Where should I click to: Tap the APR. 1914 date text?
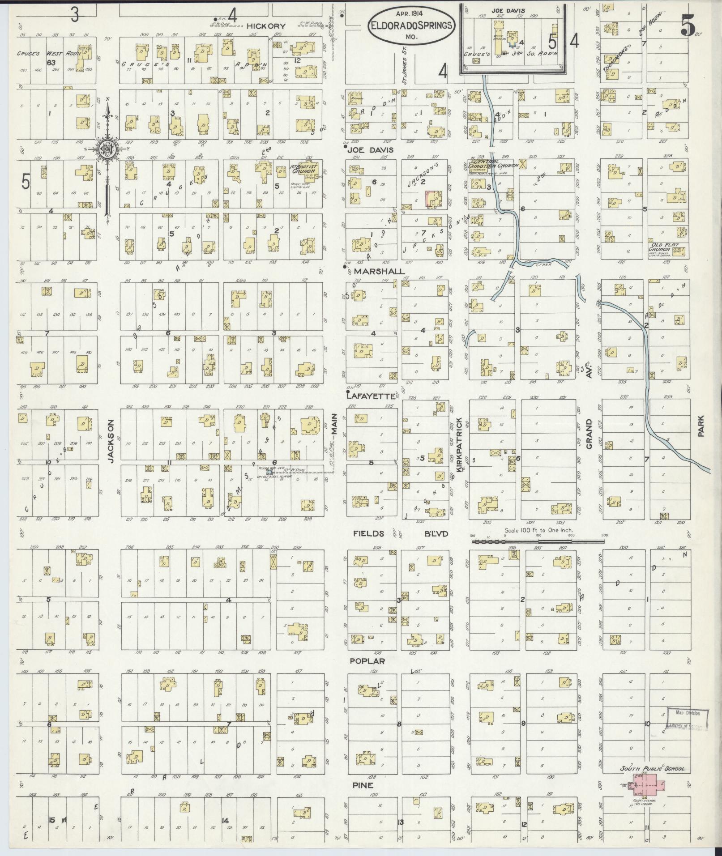410,14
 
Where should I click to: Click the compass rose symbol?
108,149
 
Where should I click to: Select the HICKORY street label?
266,26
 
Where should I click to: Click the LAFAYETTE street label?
372,396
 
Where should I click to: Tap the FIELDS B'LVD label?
400,533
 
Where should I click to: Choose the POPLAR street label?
367,660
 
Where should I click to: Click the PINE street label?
363,785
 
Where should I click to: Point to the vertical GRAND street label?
589,434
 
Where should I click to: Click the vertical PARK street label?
701,426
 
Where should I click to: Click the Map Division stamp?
687,718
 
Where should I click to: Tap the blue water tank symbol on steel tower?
269,472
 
